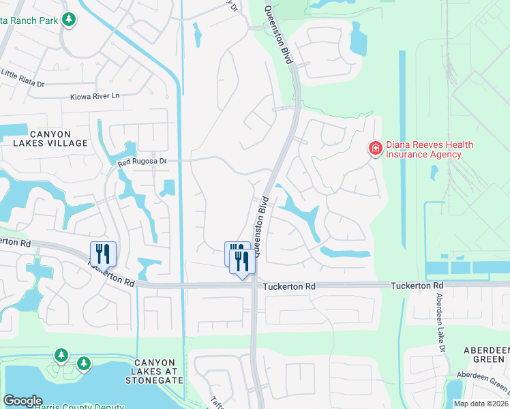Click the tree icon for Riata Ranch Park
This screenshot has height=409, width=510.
click(x=68, y=20)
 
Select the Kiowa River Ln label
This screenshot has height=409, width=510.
click(x=95, y=97)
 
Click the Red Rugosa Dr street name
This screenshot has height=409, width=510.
click(x=142, y=161)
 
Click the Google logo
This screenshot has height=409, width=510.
click(x=22, y=401)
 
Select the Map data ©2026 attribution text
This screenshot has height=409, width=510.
click(x=481, y=404)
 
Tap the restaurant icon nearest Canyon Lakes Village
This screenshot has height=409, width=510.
click(x=103, y=254)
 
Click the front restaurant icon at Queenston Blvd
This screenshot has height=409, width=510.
click(x=242, y=262)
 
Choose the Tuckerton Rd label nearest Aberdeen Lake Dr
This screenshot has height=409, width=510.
click(x=417, y=285)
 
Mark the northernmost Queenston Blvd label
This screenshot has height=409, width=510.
click(x=278, y=34)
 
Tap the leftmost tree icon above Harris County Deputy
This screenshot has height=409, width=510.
click(x=61, y=355)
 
